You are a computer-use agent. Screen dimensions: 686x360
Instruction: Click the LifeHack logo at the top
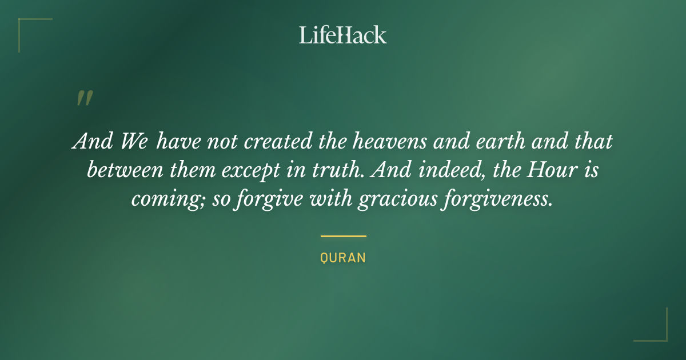[x=342, y=35]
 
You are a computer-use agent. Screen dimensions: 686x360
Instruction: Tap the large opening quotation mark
[x=85, y=98]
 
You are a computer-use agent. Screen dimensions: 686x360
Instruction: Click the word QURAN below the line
[x=343, y=258]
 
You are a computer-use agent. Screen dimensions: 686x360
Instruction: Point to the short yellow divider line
[x=344, y=237]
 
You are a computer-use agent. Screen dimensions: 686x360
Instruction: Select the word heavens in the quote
[x=389, y=141]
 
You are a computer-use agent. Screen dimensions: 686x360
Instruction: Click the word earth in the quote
[x=500, y=141]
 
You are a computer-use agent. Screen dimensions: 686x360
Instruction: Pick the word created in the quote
[x=278, y=141]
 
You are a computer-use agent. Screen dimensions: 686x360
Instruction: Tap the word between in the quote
[x=125, y=170]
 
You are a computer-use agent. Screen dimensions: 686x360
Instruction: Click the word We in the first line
[x=134, y=141]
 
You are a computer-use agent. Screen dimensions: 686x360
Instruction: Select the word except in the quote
[x=251, y=170]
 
